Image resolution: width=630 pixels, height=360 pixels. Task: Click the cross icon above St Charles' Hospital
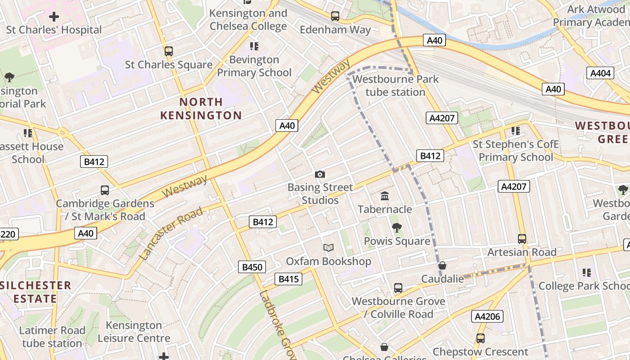[x=54, y=17]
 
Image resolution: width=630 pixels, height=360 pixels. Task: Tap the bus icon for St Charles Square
[x=169, y=51]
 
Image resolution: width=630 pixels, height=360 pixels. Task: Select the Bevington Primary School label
[x=254, y=66]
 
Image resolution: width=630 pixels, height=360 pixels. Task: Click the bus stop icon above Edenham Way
[x=335, y=16]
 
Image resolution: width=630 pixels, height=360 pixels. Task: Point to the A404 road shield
[x=600, y=73]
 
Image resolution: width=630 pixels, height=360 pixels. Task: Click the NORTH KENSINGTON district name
[x=201, y=108]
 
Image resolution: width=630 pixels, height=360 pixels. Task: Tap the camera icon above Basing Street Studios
[x=320, y=174]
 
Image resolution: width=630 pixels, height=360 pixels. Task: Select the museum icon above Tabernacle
[x=385, y=196]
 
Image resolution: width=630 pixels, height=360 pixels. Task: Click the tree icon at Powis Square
[x=396, y=228]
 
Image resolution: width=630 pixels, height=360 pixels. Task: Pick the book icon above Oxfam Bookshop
[x=329, y=248]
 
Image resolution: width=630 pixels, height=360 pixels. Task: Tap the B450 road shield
[x=252, y=267]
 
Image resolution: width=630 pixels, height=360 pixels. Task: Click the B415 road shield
[x=288, y=279]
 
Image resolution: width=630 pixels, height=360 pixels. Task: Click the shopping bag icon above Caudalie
[x=442, y=266]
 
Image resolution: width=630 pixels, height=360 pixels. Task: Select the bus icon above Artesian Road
[x=522, y=239]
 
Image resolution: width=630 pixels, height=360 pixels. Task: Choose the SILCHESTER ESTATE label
[x=36, y=292]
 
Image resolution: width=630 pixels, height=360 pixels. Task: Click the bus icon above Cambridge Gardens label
[x=105, y=190]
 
